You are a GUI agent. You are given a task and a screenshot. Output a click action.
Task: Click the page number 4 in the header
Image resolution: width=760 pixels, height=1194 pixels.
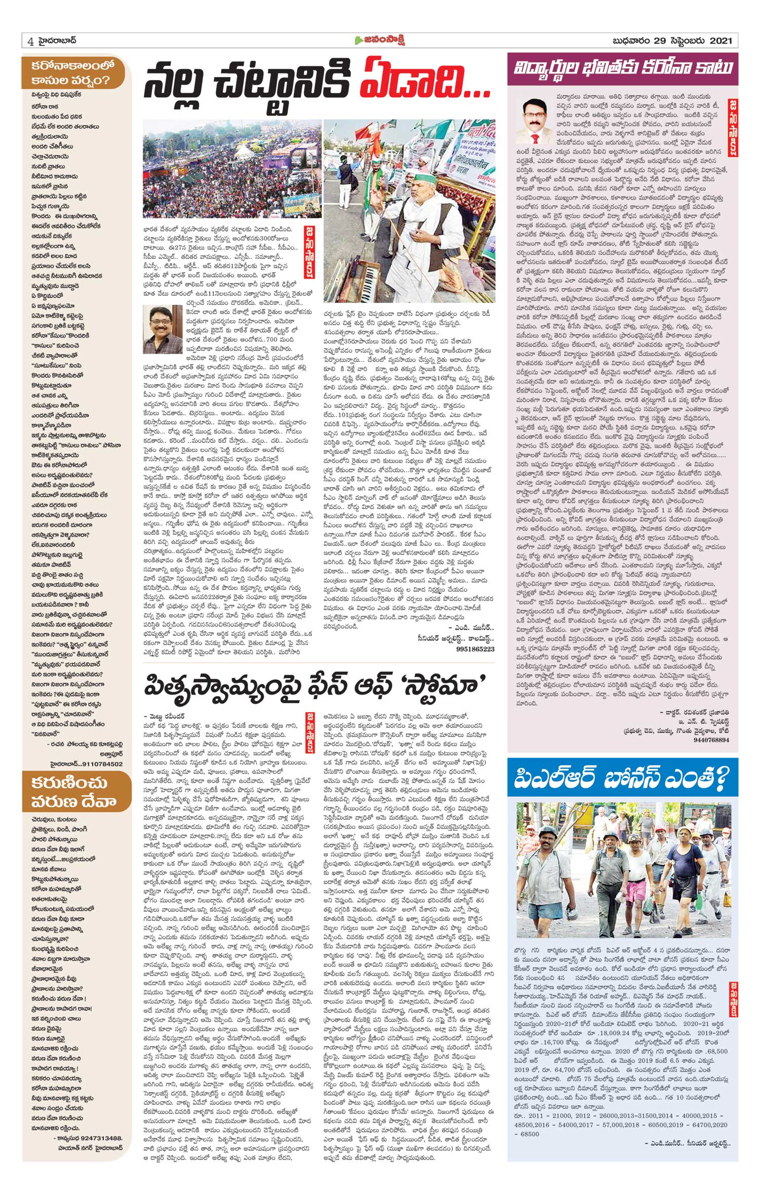point(31,42)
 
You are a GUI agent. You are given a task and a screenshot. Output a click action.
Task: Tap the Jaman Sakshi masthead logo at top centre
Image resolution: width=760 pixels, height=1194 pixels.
point(379,41)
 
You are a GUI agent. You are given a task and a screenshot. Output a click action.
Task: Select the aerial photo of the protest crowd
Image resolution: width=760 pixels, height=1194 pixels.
point(232,169)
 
